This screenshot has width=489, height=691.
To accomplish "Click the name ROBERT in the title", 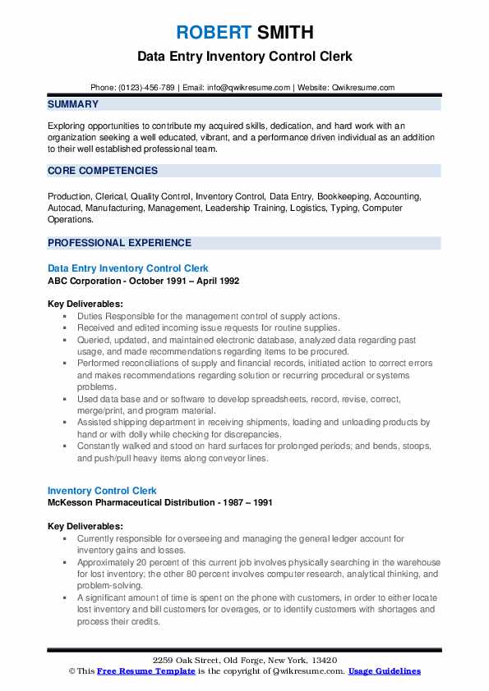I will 212,34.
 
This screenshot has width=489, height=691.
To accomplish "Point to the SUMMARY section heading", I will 73,105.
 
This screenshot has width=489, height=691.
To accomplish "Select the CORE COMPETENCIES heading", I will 103,171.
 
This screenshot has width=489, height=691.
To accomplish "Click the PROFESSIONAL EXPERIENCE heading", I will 119,243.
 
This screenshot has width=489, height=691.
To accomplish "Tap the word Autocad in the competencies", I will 66,208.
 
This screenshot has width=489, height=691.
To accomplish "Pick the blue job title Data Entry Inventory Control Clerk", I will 128,268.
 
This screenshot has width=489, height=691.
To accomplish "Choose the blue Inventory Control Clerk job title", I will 102,491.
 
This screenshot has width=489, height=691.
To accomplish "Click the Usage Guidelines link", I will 384,671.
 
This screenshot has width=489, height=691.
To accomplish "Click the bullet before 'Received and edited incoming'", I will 65,328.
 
